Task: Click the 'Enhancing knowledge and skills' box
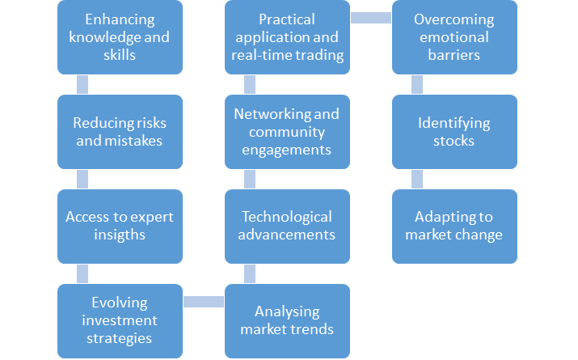tap(120, 37)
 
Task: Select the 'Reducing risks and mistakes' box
tap(120, 132)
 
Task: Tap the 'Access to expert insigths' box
tap(120, 227)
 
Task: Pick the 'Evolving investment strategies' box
tap(120, 321)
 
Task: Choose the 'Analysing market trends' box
tap(287, 321)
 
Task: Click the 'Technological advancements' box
tap(287, 227)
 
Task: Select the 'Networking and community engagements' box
tap(287, 132)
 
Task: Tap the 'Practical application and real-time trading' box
tap(287, 37)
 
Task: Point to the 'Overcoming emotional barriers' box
tap(454, 37)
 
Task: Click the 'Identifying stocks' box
tap(454, 132)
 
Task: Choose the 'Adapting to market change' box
tap(454, 227)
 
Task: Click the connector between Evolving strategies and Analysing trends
tap(204, 302)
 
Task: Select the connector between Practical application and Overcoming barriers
tap(371, 18)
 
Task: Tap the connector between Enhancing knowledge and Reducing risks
tap(82, 84)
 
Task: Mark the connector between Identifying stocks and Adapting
tap(417, 180)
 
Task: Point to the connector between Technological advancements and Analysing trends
tap(250, 273)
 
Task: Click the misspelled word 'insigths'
tap(120, 235)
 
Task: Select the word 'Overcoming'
tap(454, 19)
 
